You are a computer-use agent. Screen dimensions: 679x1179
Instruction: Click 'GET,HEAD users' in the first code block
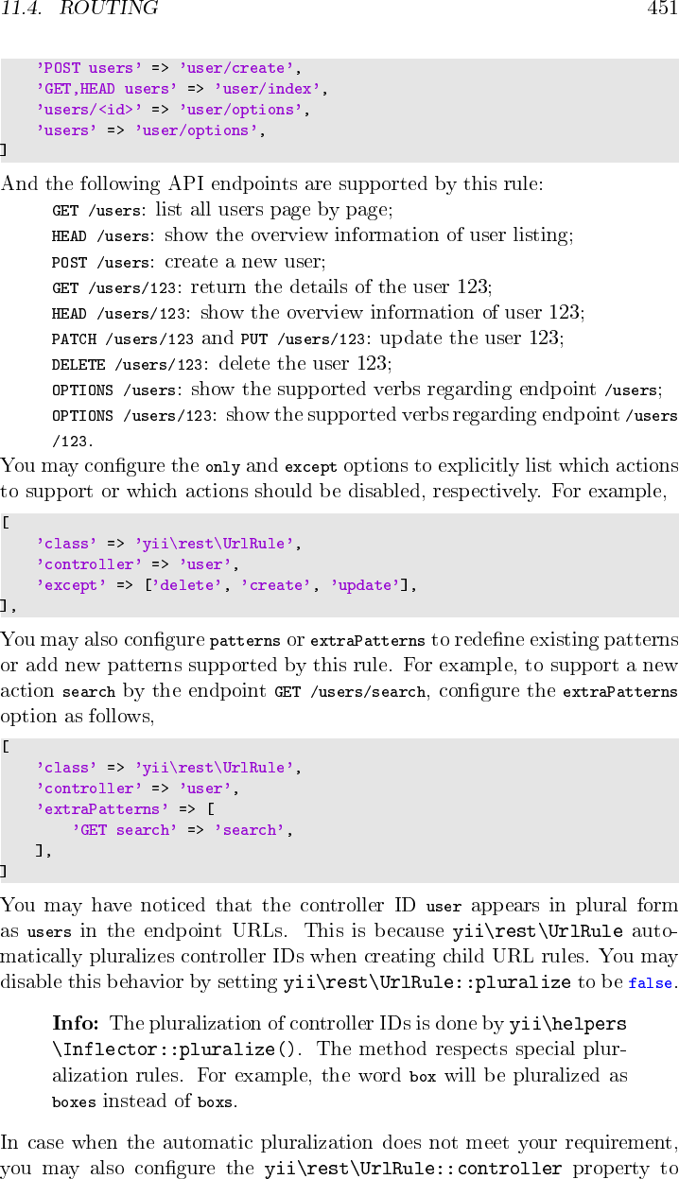coord(107,90)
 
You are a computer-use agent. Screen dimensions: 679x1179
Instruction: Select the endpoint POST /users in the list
coord(100,262)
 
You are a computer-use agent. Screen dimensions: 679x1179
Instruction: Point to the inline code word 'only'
coord(222,466)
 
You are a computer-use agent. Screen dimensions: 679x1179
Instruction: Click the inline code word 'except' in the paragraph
coord(305,466)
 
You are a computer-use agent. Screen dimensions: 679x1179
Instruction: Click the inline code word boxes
coord(74,1102)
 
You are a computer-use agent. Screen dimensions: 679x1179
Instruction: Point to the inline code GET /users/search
coord(350,693)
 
